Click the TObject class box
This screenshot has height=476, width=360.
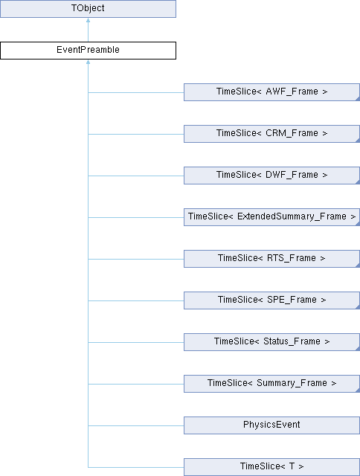[88, 8]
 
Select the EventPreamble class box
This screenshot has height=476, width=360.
[88, 51]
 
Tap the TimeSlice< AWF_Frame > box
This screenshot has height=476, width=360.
[271, 92]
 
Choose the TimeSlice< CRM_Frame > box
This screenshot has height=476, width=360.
[271, 134]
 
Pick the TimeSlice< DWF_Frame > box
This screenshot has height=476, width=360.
[271, 176]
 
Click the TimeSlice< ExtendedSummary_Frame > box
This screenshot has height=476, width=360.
[271, 216]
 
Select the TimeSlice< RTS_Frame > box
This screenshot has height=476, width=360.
[271, 259]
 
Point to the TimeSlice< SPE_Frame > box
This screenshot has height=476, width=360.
[271, 300]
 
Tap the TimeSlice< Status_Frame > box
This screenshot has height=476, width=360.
[271, 342]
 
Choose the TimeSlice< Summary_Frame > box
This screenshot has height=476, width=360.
[271, 384]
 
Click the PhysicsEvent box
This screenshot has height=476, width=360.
[271, 425]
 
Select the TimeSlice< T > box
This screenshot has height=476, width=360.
[271, 467]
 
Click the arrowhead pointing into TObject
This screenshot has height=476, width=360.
[88, 20]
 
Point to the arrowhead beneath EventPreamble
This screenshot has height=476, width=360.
[88, 62]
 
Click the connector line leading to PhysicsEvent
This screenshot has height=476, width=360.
[136, 425]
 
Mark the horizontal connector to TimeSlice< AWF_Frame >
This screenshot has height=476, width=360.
[136, 92]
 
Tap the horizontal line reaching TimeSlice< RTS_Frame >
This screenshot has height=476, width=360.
[136, 260]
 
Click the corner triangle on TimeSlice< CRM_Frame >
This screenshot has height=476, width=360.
[358, 141]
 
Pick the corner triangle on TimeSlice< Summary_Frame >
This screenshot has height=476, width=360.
[358, 390]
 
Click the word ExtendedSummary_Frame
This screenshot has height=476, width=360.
[292, 216]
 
